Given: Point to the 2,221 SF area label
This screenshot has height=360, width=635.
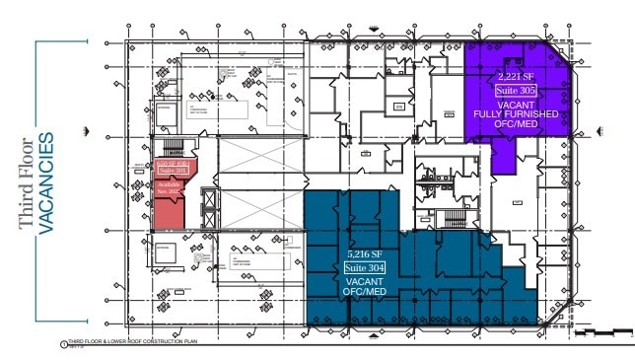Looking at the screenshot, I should point(515,76).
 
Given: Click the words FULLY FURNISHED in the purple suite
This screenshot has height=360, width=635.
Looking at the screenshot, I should point(516,114).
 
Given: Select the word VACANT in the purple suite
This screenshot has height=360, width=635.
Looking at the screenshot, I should point(516,103).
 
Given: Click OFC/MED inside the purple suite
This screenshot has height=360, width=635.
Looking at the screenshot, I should point(516,126).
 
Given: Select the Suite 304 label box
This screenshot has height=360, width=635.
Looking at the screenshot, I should point(362,269).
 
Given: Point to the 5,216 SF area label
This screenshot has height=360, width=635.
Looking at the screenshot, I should point(361,253).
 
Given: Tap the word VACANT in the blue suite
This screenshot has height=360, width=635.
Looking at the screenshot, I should point(362,283).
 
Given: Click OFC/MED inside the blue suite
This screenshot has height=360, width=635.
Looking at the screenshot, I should point(362,294).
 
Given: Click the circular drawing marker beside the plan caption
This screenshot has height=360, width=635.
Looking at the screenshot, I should point(64,344).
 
